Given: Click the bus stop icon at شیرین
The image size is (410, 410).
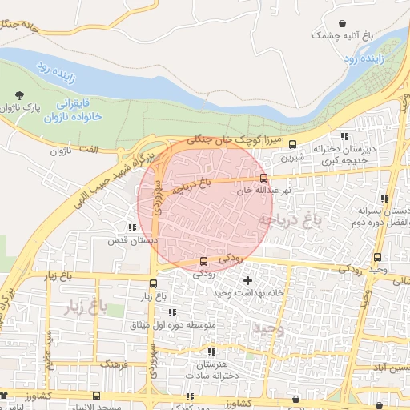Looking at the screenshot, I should [292, 145].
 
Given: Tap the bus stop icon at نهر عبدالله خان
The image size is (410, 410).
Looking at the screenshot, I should [263, 178].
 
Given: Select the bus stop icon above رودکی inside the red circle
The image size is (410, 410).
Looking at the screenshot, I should [203, 261].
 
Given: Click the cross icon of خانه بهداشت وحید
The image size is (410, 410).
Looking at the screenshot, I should [247, 280].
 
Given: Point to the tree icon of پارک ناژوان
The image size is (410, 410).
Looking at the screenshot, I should [18, 95].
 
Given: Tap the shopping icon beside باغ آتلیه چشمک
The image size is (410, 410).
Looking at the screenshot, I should [343, 24].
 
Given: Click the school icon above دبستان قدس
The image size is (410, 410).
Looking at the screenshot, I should [132, 227].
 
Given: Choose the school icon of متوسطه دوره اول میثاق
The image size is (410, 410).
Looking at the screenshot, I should [171, 312].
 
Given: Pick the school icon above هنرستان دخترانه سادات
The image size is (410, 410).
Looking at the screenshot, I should [211, 352].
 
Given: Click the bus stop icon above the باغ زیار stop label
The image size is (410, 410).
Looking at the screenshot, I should [154, 283].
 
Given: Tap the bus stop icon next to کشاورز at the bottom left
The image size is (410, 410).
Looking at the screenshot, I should [97, 396].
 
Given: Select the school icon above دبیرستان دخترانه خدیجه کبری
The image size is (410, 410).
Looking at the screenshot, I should [345, 137].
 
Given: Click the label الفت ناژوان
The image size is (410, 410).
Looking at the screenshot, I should [72, 150].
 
